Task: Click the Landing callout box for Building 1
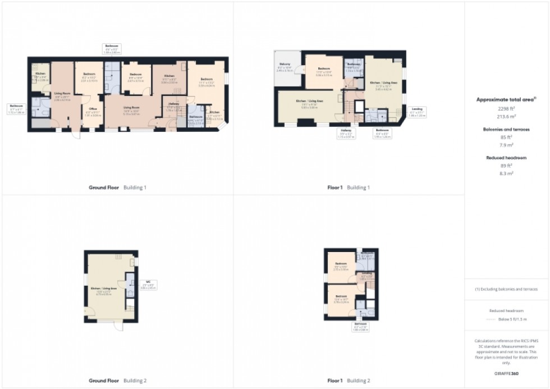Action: tap(418, 112)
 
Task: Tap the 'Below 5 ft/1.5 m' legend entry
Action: tap(511, 319)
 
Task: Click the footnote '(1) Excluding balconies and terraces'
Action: tap(507, 289)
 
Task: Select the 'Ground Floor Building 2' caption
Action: tap(117, 381)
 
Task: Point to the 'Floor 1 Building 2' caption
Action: tap(349, 381)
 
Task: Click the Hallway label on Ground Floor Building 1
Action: tap(173, 104)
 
